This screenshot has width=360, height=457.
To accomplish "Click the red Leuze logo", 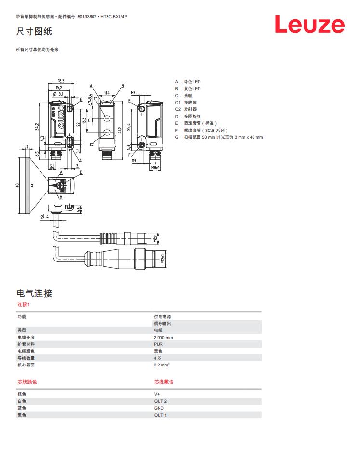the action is point(309,25).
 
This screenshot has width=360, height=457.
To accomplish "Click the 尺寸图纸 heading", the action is point(34,31).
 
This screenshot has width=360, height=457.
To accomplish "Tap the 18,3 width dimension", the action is point(61,81).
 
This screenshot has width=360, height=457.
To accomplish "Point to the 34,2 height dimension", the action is point(37,127).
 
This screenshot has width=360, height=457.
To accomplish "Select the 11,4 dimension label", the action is point(107,93).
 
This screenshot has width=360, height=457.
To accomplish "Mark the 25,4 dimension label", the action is point(129,127).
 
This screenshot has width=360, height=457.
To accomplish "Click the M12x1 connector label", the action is point(163,259).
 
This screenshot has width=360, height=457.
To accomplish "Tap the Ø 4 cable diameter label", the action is point(45,217).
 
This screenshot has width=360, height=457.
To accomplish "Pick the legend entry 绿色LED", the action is point(192,81).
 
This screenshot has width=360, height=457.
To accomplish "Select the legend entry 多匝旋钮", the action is point(192,116).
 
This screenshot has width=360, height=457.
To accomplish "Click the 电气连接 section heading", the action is point(34,293).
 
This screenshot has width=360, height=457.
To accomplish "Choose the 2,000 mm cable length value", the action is point(163,338).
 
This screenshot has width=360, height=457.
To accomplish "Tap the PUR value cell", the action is point(158,344).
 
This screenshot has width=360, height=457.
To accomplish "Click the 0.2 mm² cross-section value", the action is point(161,365).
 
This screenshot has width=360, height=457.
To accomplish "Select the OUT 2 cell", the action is point(160,401).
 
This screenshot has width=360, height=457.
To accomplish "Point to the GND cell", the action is point(159,408).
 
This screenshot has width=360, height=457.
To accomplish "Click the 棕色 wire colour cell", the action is point(22,394).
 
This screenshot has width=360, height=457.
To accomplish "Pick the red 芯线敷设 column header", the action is point(164,382).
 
